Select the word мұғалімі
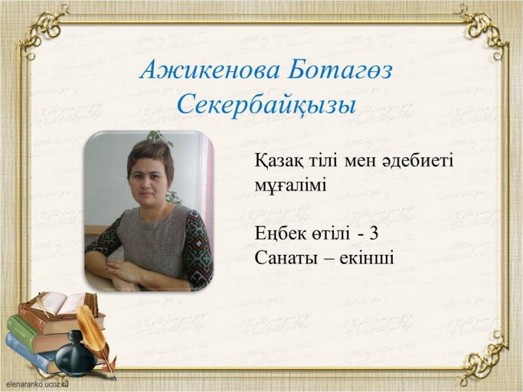[290, 184]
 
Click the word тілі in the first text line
[320, 161]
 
